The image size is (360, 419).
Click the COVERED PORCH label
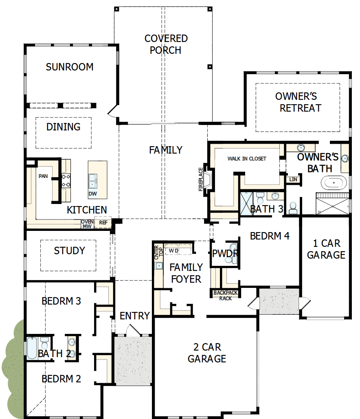coord(166,44)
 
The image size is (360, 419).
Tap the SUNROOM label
coord(70,67)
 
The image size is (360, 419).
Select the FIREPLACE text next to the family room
coord(200,179)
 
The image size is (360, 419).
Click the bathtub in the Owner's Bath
coord(335,183)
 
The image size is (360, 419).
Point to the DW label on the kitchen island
coord(93,194)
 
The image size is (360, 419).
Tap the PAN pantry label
coord(43,176)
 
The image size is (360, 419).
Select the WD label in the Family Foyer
coord(173,250)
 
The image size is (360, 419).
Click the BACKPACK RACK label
coord(226,295)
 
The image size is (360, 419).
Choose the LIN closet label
coord(292,179)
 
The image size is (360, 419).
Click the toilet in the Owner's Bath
coord(292,208)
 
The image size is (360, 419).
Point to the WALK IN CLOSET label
coord(246,158)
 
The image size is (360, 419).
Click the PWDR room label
coord(224,253)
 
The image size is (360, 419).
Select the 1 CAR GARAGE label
coord(326,249)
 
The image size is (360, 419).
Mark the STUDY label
coord(70,250)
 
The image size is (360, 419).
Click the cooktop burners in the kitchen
coord(66,180)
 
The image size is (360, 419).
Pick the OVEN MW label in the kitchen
coord(87,224)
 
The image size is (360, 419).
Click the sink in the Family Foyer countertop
coord(158,266)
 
